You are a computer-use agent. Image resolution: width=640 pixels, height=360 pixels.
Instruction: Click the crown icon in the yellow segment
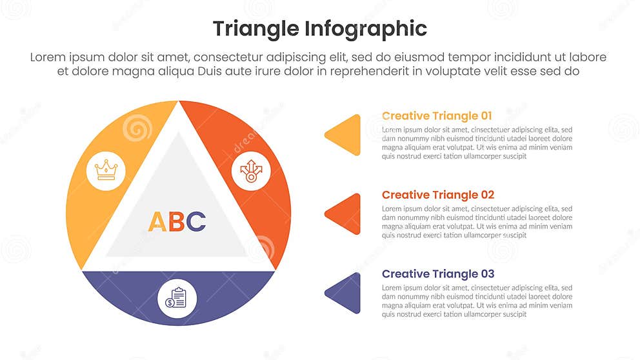(106, 170)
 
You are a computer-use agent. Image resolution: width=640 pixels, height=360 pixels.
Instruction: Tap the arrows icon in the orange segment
(251, 170)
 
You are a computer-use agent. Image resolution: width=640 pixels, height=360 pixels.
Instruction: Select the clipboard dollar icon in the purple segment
(176, 297)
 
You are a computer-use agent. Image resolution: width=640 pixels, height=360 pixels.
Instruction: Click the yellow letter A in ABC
(157, 222)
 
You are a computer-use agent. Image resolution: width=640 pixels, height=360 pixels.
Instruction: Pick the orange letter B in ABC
(177, 222)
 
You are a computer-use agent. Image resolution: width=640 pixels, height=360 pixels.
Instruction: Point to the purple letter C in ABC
(196, 222)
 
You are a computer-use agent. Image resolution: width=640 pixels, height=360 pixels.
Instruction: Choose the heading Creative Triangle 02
(437, 195)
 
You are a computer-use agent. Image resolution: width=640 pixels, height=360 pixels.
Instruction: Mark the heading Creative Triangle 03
(437, 274)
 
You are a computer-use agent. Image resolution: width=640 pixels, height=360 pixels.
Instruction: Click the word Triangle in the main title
(255, 29)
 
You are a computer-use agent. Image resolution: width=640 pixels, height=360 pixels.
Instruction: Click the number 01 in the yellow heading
(485, 116)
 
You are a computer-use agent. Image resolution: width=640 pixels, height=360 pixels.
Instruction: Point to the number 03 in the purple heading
(487, 274)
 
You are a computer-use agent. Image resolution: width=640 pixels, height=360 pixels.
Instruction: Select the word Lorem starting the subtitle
(48, 57)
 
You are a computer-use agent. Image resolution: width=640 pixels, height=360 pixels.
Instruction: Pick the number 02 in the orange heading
(487, 195)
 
